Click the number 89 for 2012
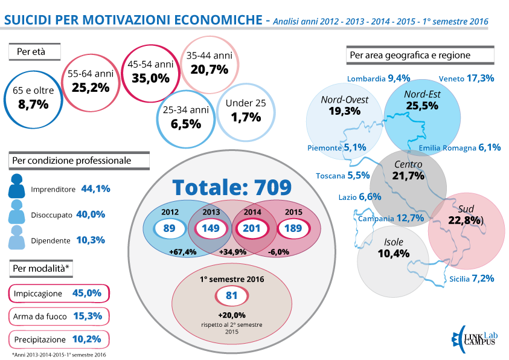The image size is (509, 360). coord(169,228)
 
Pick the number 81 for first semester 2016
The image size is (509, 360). coord(231,297)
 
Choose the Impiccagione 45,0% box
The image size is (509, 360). coord(59,293)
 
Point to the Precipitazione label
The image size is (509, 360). coord(41,338)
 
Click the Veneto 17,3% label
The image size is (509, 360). coord(467,78)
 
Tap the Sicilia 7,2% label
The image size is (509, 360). coord(472,278)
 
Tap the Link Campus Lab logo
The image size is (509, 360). coord(473,337)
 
